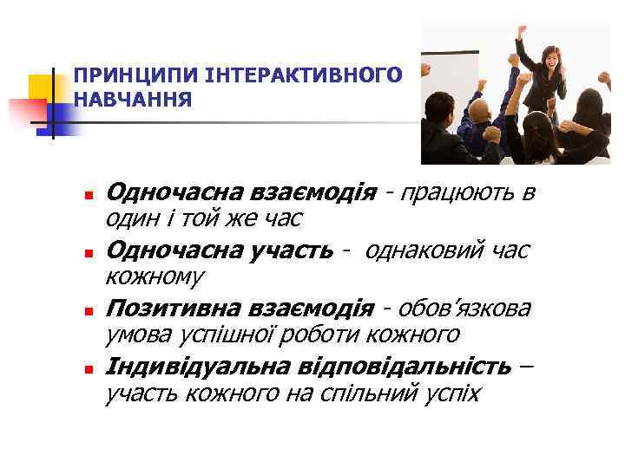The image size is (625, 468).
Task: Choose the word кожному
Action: [155, 277]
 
